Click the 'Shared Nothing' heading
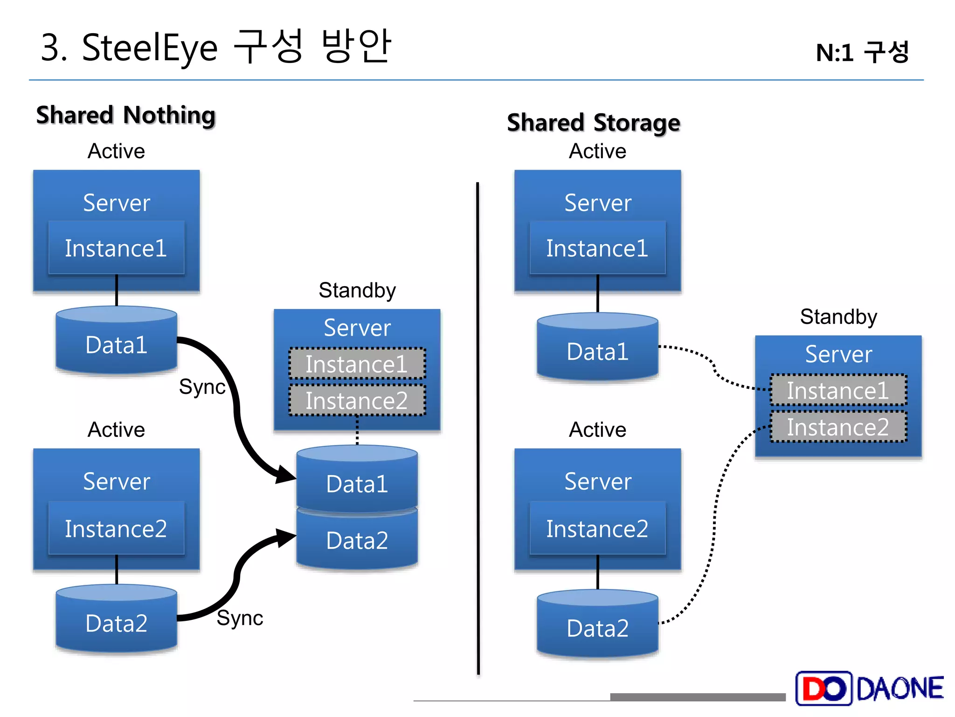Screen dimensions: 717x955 click(x=126, y=115)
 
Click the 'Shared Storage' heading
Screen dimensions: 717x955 click(x=593, y=123)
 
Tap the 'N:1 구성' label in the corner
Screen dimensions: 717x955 click(x=862, y=52)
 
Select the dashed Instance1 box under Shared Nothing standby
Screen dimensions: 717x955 click(x=357, y=364)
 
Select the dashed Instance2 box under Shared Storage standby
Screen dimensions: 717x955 click(x=838, y=427)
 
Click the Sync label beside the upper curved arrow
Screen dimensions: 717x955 click(x=202, y=387)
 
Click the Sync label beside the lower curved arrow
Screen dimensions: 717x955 click(x=240, y=618)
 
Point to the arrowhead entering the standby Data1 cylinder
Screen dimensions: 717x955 click(x=285, y=474)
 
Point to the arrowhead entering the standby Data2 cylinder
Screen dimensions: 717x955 click(x=285, y=538)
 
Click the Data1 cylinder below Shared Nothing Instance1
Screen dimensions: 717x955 click(x=116, y=344)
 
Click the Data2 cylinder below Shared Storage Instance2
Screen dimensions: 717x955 click(x=597, y=627)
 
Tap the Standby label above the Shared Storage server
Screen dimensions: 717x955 click(x=838, y=316)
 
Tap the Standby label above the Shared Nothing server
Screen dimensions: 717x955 click(x=357, y=290)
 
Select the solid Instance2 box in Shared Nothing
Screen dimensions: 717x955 click(x=116, y=528)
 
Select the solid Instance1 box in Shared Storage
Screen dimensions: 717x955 click(x=597, y=248)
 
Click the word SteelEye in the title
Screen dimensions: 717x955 click(x=149, y=48)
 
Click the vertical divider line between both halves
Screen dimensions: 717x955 click(x=478, y=420)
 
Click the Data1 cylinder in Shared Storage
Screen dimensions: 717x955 click(x=597, y=351)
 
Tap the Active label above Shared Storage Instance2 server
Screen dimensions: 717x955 click(x=597, y=429)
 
